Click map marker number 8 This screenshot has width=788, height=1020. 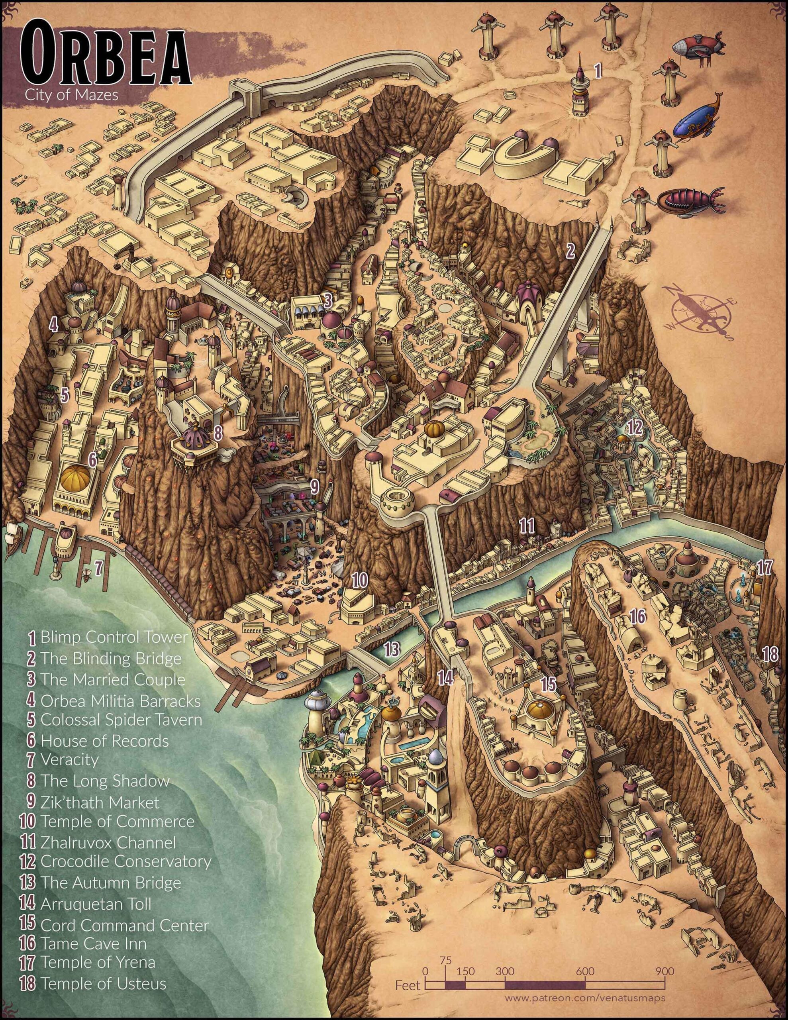tap(217, 433)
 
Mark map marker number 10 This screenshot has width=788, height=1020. tap(360, 581)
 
